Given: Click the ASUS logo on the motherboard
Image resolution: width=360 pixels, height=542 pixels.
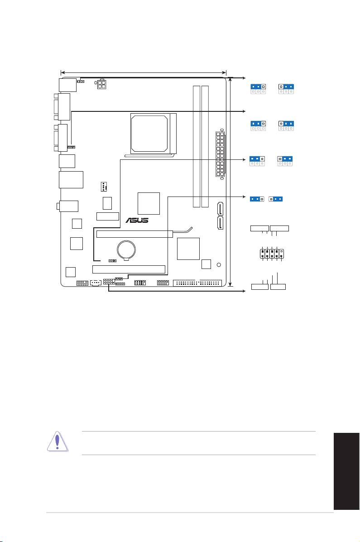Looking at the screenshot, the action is point(137,220).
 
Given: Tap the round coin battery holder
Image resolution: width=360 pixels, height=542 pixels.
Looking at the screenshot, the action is point(126,249).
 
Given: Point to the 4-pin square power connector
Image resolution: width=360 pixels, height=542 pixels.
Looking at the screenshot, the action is point(101,84).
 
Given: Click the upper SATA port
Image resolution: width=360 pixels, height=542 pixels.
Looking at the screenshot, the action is point(220,208).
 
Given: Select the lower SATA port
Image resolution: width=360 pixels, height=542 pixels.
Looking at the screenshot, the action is point(220,223).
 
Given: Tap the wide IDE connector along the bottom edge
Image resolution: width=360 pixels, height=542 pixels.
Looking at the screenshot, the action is point(197,283).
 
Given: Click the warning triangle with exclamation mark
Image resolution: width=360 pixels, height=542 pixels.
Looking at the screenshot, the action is point(58,441).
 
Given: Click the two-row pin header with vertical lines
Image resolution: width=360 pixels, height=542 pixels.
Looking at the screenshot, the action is point(272,254).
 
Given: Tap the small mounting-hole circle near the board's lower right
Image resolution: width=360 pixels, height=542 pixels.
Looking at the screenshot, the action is point(219,265).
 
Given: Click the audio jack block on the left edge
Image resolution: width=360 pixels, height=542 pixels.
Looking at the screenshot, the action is point(68,206).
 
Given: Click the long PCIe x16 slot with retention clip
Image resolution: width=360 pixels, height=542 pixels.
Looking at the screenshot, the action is point(134,234).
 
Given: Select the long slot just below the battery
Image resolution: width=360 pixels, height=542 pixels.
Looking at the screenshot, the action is point(129,269).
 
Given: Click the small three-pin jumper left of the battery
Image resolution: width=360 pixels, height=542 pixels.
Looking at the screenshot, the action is point(112,261).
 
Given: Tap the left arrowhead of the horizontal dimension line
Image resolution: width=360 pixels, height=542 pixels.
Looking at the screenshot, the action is point(62,72).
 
